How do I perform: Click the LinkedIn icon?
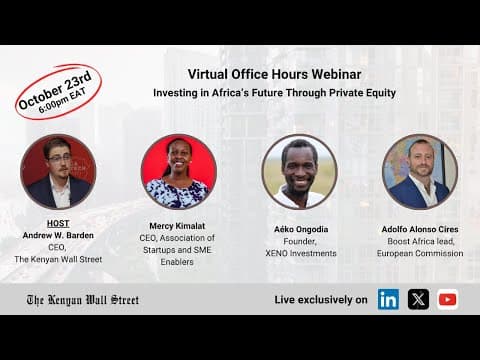(x=388, y=299)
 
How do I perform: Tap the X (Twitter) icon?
(x=418, y=299)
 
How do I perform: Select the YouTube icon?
(x=447, y=299)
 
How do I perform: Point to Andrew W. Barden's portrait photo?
(x=58, y=171)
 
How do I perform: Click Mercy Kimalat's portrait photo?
(x=179, y=171)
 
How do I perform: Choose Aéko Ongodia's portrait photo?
(x=299, y=171)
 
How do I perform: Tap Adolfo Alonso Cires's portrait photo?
(x=420, y=171)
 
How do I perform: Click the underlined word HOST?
(x=58, y=223)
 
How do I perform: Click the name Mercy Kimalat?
(x=179, y=226)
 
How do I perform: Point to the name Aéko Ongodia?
(x=299, y=229)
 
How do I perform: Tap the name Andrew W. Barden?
(x=58, y=235)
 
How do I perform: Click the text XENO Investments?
(x=299, y=253)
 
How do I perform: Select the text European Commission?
(x=420, y=253)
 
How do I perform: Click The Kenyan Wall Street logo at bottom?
(x=82, y=299)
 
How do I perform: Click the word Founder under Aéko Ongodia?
(x=299, y=241)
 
